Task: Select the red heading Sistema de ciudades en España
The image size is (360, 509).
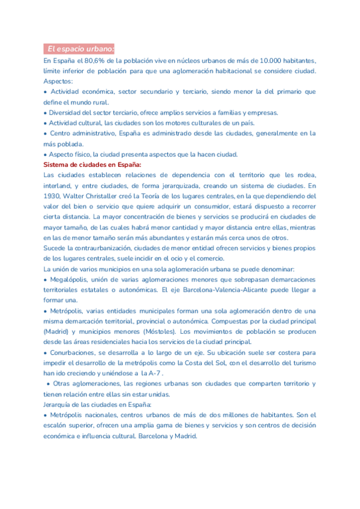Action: [92, 164]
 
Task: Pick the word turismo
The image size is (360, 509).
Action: [302, 363]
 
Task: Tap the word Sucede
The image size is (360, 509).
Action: [55, 247]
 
